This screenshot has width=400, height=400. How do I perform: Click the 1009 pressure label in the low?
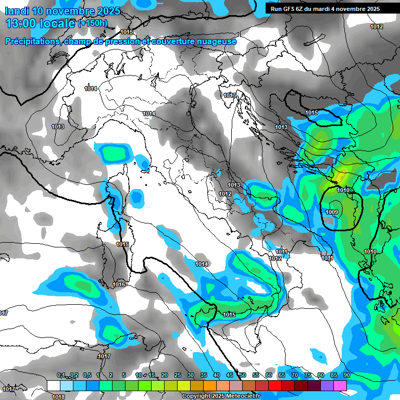332,212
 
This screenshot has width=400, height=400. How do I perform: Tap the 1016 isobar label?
119,284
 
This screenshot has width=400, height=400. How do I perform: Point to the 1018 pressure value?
58,397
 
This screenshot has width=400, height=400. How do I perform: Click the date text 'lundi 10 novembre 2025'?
63,11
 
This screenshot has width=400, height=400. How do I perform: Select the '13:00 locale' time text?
41,23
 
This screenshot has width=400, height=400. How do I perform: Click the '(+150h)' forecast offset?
93,23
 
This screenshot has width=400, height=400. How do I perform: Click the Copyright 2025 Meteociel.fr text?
224,396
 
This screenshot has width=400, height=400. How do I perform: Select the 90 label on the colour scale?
346,375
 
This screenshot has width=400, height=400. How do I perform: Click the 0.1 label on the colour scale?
61,375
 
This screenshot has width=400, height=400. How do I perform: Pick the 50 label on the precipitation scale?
243,375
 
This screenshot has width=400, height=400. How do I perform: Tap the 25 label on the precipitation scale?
178,375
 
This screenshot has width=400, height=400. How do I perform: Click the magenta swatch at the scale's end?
340,385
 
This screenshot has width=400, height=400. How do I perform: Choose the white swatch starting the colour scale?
54,385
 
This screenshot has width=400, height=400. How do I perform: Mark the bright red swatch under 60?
275,385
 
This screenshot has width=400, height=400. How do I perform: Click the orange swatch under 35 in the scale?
210,385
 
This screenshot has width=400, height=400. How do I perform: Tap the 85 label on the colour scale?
334,375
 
